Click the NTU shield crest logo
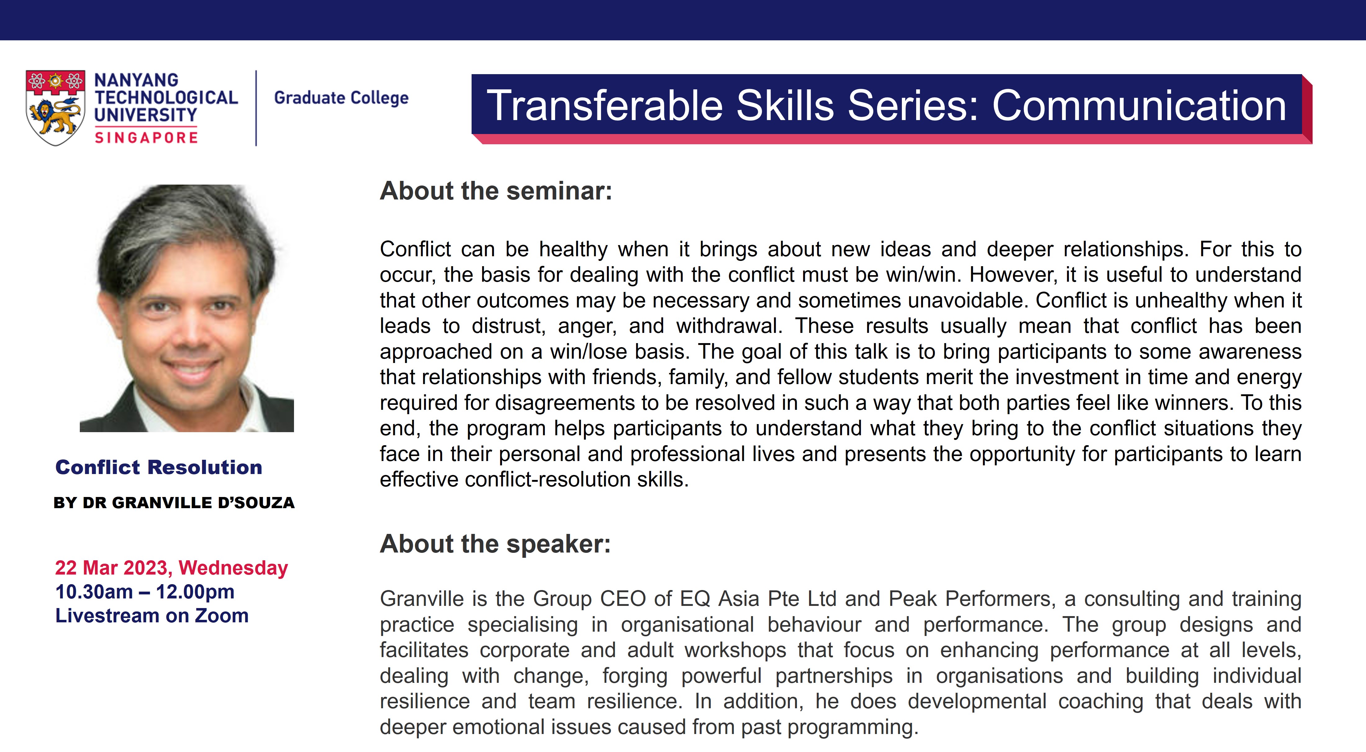pos(55,108)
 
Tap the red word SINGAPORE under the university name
pos(146,138)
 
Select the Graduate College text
pos(341,98)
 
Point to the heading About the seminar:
pos(496,191)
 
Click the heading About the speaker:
pos(495,544)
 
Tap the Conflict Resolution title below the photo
pos(159,468)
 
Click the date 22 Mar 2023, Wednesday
pos(171,568)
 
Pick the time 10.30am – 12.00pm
pos(145,592)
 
